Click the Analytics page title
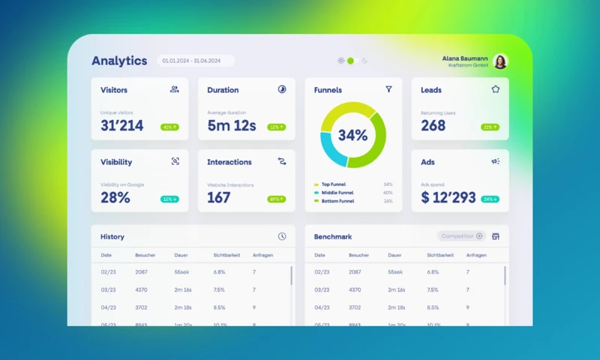(x=119, y=61)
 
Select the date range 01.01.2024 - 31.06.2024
(x=195, y=61)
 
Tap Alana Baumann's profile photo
(x=500, y=61)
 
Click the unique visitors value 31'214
(x=122, y=126)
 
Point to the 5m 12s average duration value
(x=232, y=126)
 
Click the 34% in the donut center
(x=352, y=136)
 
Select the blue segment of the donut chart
(x=329, y=148)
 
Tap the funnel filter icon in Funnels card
(x=388, y=89)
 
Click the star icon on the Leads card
(x=495, y=89)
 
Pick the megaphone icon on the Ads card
(x=495, y=161)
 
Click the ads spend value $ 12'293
(x=448, y=198)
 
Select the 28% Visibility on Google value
(x=115, y=198)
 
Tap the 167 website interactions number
(x=219, y=198)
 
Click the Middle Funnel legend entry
(x=337, y=193)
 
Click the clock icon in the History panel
(x=282, y=236)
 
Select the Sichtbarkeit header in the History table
(x=226, y=255)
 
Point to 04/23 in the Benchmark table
(x=322, y=307)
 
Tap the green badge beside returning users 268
(x=490, y=127)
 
